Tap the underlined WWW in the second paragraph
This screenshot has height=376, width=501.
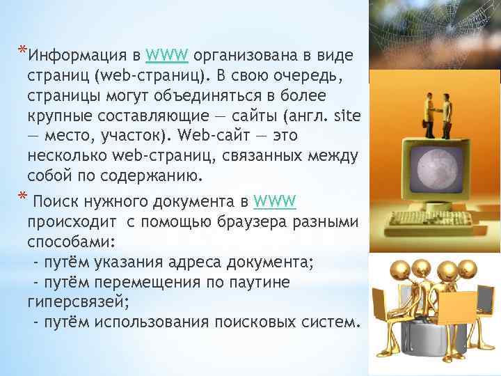click(x=276, y=201)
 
